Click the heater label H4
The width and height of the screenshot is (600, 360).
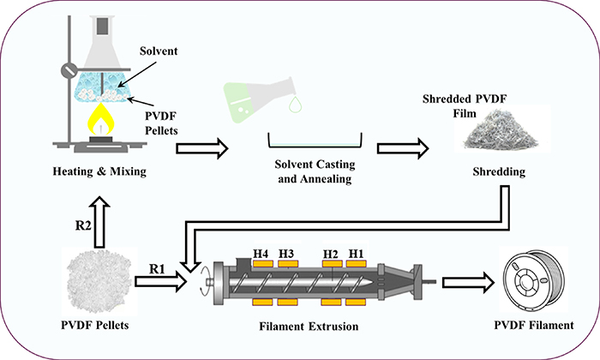tap(262, 254)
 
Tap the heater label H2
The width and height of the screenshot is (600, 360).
tap(331, 254)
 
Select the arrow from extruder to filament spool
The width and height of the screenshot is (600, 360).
tap(464, 280)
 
